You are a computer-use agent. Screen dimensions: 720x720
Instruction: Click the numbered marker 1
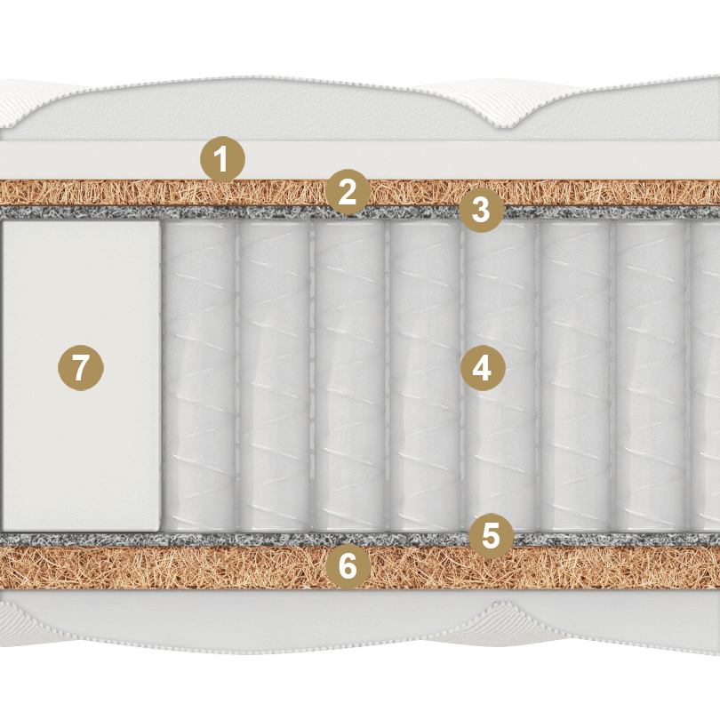coord(222,159)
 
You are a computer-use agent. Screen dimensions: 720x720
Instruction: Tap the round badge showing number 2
coord(348,192)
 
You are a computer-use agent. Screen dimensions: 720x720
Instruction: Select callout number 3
coord(481,210)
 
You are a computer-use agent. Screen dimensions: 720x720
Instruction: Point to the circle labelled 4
coord(483,368)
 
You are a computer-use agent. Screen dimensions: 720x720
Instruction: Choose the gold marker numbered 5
coord(491,535)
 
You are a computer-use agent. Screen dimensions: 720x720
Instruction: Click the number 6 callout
coord(348,566)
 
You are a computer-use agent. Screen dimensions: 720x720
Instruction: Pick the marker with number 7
coord(81,368)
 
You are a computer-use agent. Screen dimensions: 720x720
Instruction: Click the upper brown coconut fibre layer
coord(138,193)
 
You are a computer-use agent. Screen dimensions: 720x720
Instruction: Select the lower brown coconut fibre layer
coord(138,567)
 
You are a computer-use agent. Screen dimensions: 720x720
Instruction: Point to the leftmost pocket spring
coord(200,376)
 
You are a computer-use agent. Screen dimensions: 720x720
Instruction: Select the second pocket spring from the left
coord(275,376)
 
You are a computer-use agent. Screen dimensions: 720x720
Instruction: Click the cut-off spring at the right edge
coord(705,376)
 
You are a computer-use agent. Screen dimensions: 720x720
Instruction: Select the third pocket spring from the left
coord(349,376)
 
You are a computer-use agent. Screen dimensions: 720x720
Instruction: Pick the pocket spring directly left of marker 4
coord(424,376)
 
